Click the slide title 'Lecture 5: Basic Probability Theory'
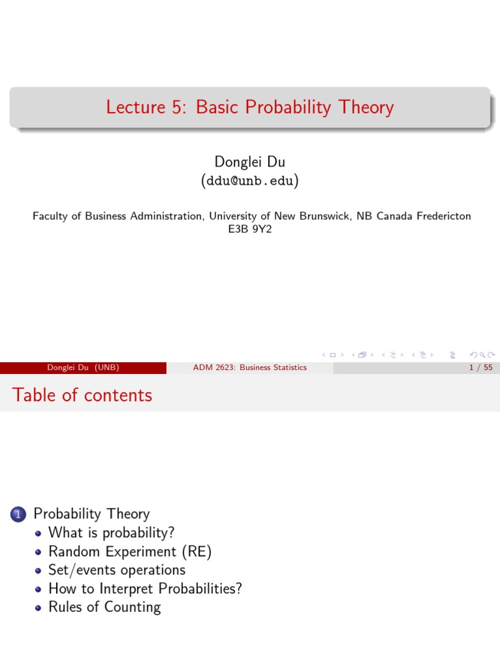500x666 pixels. pos(249,107)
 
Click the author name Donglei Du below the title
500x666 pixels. pos(249,162)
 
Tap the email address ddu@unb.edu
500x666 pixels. pos(249,180)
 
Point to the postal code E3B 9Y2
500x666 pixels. pos(249,229)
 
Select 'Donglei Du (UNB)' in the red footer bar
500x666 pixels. pos(83,367)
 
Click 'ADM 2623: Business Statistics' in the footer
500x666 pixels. pos(249,367)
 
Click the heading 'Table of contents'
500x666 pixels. pos(82,395)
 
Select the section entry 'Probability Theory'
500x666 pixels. pos(91,514)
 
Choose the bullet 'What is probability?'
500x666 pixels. pos(111,533)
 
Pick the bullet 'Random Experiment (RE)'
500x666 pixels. pos(130,552)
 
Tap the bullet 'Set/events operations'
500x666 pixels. pos(117,570)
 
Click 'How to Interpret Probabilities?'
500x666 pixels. pos(145,589)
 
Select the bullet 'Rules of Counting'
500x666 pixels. pos(104,607)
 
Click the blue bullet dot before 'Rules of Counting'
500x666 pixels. pos(38,607)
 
